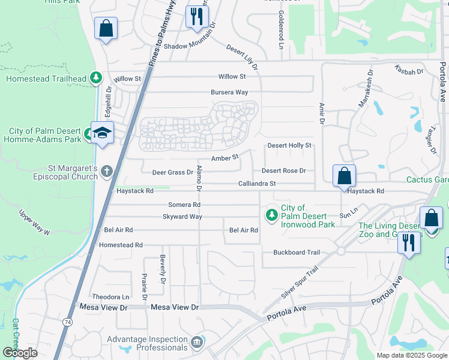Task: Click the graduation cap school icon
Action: (103, 133)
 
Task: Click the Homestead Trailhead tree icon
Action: (95, 77)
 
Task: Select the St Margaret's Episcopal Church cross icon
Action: (106, 172)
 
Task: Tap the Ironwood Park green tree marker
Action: (271, 214)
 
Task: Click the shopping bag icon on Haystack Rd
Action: (344, 176)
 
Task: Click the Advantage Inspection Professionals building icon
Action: (196, 343)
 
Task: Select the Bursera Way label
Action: (229, 92)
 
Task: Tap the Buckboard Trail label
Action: (297, 253)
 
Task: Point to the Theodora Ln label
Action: (110, 296)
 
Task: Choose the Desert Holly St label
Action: (289, 145)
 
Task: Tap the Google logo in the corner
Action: (20, 353)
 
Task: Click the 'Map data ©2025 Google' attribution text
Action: (411, 355)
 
